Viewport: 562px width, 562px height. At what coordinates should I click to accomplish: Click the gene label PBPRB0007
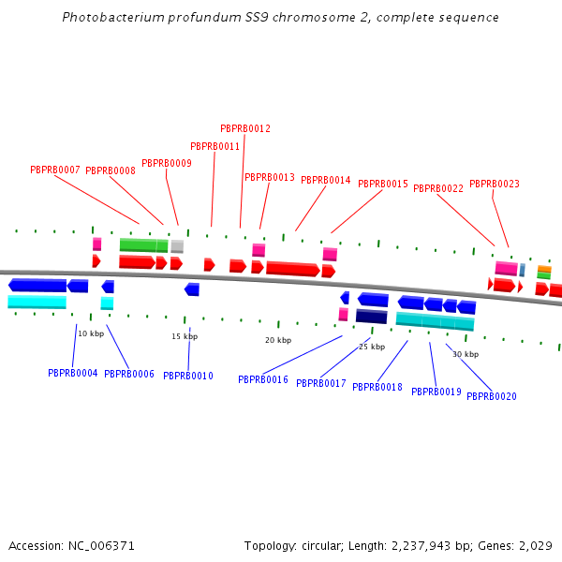coord(55,170)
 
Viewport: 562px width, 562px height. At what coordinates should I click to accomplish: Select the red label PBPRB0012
coord(245,129)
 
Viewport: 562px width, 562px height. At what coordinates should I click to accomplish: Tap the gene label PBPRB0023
coord(495,185)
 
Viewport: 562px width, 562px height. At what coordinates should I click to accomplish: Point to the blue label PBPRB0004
coord(73,373)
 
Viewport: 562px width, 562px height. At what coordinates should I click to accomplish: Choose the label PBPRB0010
coord(188,377)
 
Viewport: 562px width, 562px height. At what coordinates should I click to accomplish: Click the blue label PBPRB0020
coord(492,396)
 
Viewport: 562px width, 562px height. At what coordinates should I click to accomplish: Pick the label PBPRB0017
coord(321,384)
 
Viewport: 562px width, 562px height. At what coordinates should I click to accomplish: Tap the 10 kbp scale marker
coord(91,333)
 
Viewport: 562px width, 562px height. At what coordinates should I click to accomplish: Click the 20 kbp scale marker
coord(278,340)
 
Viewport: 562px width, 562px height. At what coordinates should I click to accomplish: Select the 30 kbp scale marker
coord(466,355)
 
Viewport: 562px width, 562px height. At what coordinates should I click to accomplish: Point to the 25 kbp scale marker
coord(372,347)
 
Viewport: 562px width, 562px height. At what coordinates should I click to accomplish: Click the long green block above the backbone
coord(143,245)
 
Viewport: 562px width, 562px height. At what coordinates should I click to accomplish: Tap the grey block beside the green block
coord(177,246)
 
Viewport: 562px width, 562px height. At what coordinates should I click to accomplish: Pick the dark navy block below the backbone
coord(371,317)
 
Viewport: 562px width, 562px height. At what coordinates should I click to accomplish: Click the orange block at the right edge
coord(544,269)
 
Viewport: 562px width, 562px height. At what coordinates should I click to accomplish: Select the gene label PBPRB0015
coord(383,185)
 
